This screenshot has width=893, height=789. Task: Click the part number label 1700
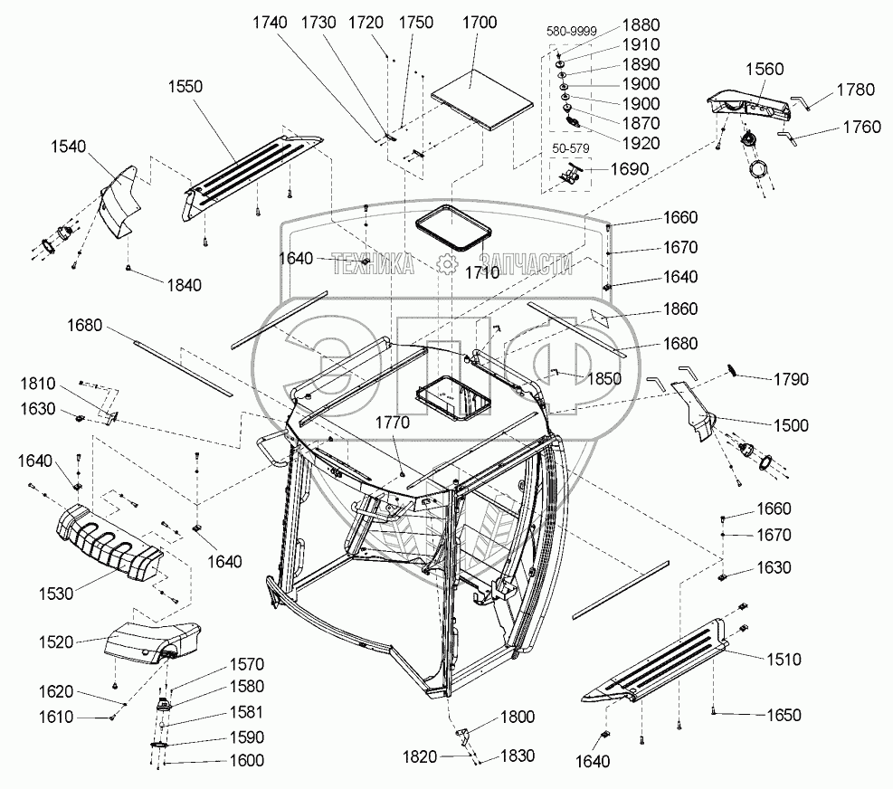(478, 23)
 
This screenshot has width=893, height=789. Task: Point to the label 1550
(185, 86)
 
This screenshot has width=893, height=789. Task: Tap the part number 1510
(783, 660)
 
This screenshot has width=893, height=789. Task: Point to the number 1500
(790, 424)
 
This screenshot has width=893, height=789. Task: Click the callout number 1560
(765, 69)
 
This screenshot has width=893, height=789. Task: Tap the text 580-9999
(571, 31)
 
